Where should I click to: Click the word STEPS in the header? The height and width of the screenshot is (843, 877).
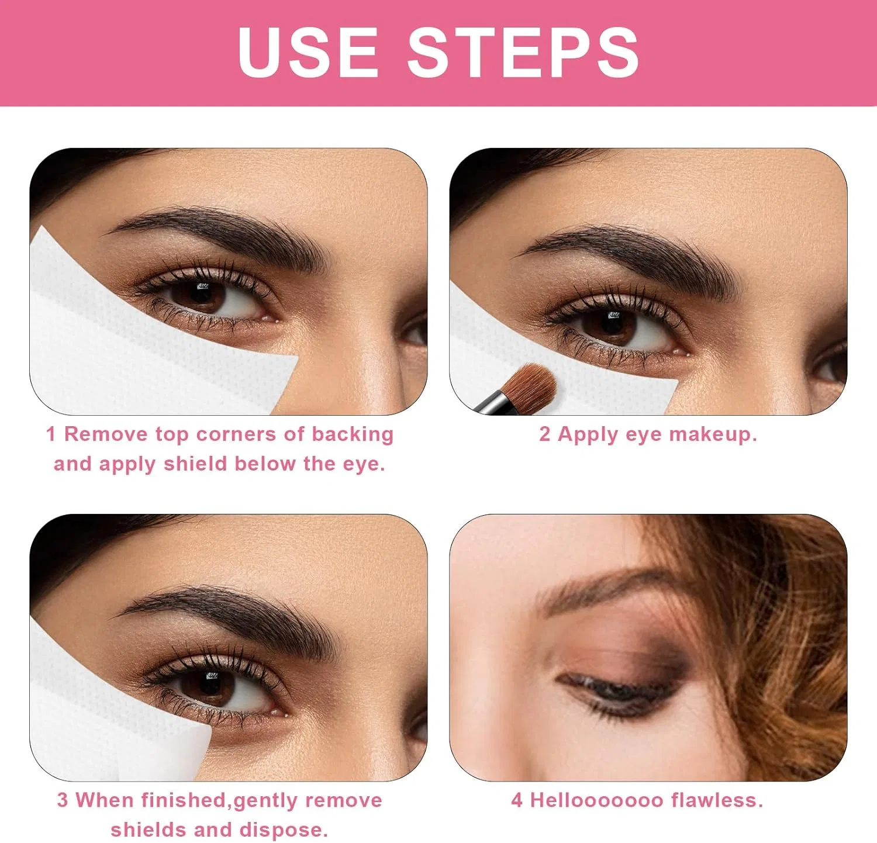[x=523, y=52]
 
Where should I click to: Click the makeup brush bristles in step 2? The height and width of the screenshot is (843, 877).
[x=528, y=386]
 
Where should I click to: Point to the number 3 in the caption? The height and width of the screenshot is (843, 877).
[x=63, y=800]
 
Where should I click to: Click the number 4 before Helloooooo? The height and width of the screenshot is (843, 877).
[x=517, y=800]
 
